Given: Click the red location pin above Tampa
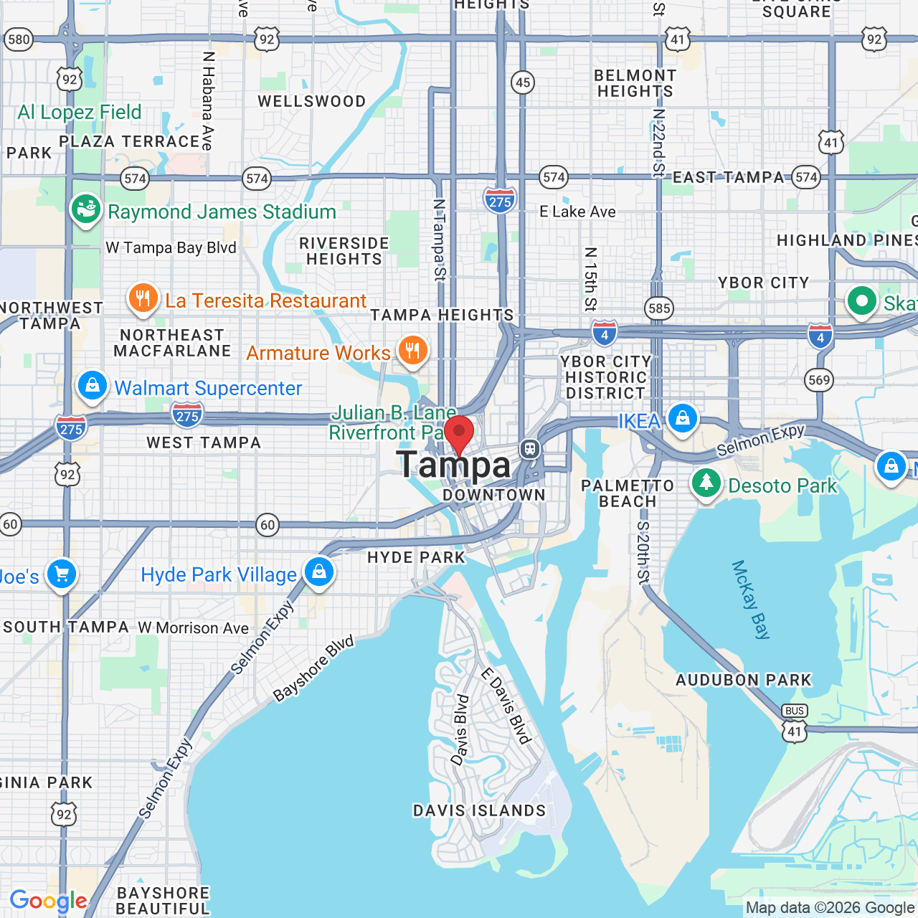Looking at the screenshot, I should click(x=459, y=434).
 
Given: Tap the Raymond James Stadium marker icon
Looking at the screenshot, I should click(x=86, y=209).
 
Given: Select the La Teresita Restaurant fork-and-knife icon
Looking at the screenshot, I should click(x=143, y=298).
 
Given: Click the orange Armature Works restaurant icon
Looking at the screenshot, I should click(x=412, y=351).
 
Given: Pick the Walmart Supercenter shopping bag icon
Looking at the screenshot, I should click(x=93, y=387).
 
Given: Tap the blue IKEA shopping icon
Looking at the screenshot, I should click(x=682, y=418).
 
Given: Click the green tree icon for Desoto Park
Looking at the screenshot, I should click(x=706, y=483).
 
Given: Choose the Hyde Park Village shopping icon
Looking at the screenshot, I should click(x=319, y=572).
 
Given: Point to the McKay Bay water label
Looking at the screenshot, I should click(x=750, y=600).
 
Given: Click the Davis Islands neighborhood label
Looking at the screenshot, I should click(x=479, y=810).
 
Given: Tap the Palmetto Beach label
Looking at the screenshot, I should click(x=628, y=493).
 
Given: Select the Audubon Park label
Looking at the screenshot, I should click(x=744, y=679).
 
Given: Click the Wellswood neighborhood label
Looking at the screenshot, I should click(x=312, y=101).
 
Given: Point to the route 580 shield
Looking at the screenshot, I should click(x=19, y=39).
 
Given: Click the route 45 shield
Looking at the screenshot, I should click(x=523, y=82).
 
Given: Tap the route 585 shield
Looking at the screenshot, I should click(x=658, y=308).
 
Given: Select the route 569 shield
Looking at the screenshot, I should click(x=819, y=380).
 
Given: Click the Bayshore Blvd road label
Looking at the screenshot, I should click(x=313, y=668).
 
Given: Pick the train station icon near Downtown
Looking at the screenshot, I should click(x=530, y=449).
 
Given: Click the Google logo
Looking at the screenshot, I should click(x=48, y=901).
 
